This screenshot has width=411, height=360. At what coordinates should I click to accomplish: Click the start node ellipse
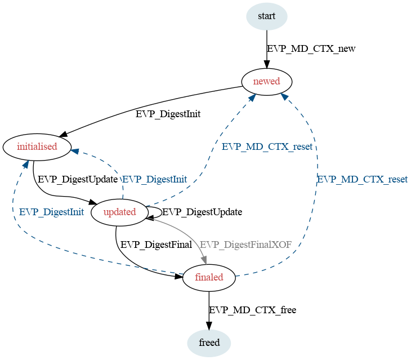266,16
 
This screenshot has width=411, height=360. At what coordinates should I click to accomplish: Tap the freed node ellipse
209,343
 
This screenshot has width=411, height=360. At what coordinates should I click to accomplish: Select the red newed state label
266,81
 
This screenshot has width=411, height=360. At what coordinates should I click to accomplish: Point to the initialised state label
37,146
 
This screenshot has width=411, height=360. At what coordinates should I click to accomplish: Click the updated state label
120,212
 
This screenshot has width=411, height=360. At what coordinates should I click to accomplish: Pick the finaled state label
209,277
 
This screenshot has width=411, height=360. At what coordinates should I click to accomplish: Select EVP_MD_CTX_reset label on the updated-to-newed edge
267,146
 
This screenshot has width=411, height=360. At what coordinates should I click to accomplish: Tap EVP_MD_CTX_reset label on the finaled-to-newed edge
363,179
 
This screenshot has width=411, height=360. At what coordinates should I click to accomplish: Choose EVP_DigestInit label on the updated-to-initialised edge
155,179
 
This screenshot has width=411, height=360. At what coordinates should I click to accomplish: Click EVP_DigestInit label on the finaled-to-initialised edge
51,212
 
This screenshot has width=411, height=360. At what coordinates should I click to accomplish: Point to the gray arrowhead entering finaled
204,260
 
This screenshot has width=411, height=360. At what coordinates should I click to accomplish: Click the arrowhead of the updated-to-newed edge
252,97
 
